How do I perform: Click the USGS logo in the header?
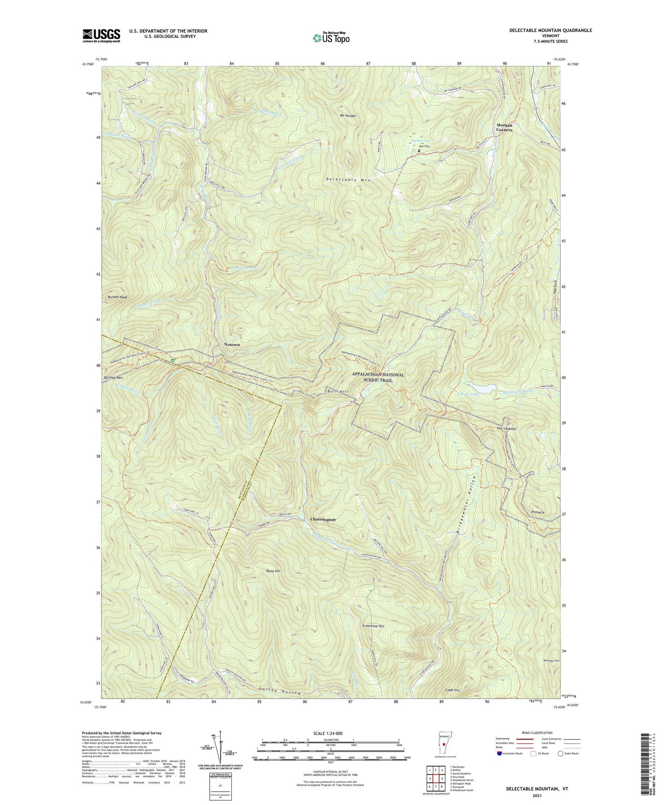pyautogui.click(x=101, y=36)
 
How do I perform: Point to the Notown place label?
pyautogui.click(x=232, y=344)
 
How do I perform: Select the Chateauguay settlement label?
pyautogui.click(x=323, y=519)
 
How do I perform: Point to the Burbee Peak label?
pyautogui.click(x=117, y=297)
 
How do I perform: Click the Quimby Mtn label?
pyautogui.click(x=113, y=378)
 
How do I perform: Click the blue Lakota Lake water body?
pyautogui.click(x=479, y=386)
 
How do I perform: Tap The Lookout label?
pyautogui.click(x=506, y=428)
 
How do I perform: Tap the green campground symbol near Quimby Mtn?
pyautogui.click(x=172, y=360)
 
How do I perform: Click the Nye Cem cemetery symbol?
pyautogui.click(x=419, y=151)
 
